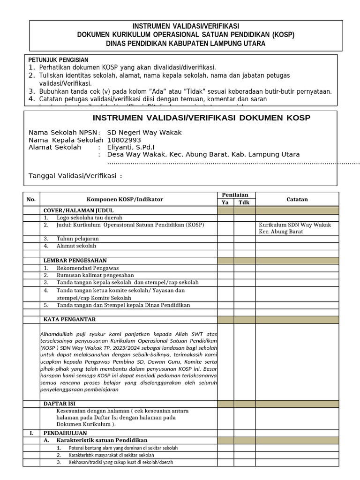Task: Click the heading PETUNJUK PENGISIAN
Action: click(58, 60)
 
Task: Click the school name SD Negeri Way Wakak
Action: click(144, 133)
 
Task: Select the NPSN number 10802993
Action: click(124, 140)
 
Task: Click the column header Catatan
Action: click(297, 199)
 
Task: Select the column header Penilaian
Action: click(235, 195)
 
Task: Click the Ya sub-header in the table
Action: click(225, 202)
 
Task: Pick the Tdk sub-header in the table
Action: click(244, 202)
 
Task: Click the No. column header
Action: click(31, 199)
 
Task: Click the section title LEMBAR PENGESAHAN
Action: click(75, 261)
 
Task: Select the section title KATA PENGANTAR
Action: click(69, 320)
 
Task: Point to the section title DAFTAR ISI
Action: click(59, 404)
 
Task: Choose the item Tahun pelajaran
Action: click(77, 239)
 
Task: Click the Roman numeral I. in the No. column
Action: click(31, 433)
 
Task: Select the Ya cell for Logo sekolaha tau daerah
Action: click(225, 218)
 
